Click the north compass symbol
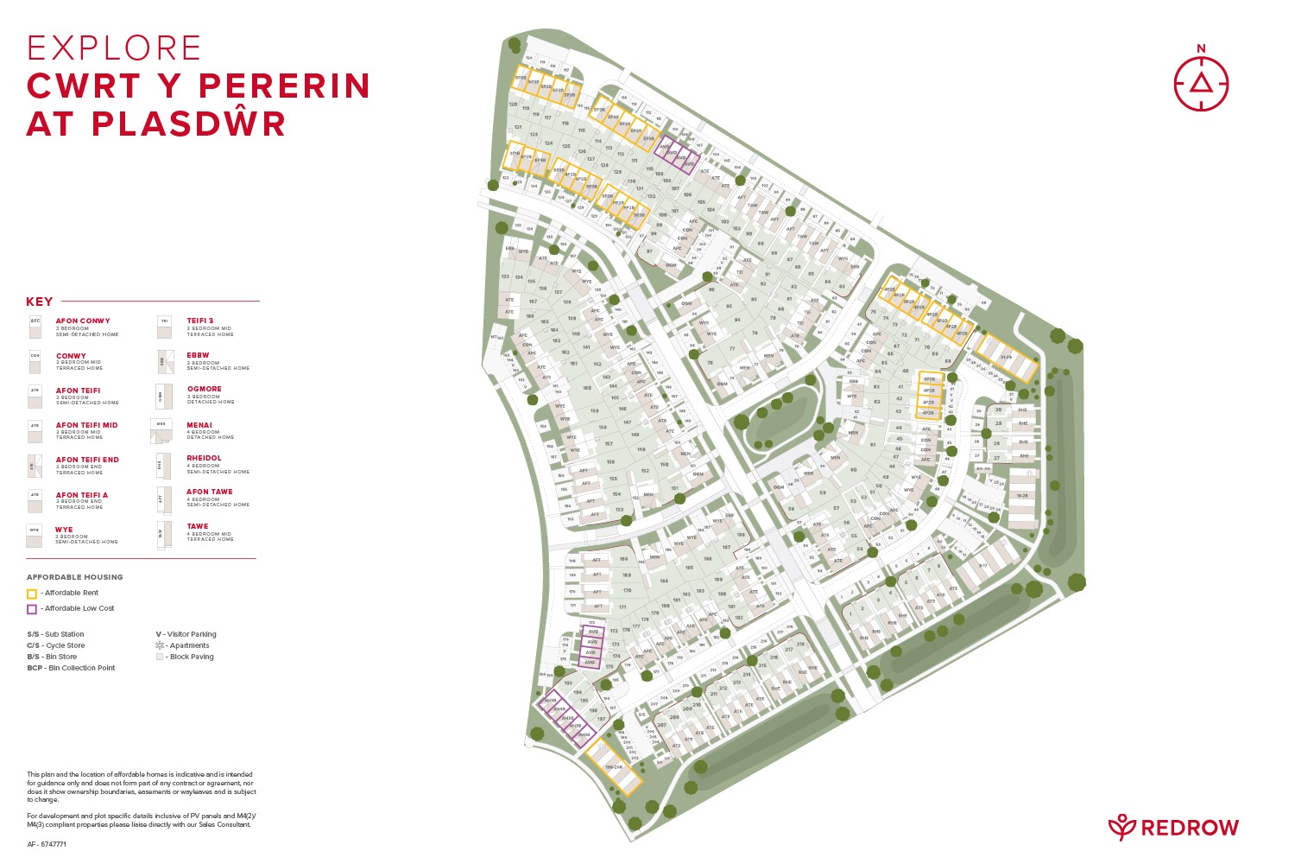1200,83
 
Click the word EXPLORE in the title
114,48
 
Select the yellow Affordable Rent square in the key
32,594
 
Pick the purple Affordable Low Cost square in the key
32,609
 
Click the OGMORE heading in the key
205,390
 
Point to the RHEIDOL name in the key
205,459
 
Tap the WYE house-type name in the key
64,530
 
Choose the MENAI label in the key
199,425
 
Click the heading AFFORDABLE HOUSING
75,577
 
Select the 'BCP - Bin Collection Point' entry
71,668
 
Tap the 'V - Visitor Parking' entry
186,634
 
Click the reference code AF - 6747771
47,844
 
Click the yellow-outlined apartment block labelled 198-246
614,767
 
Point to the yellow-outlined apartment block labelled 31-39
1006,357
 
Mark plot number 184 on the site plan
664,581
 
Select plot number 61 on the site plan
873,445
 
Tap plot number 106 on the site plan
687,194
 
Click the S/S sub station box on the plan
641,715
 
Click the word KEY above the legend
40,302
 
